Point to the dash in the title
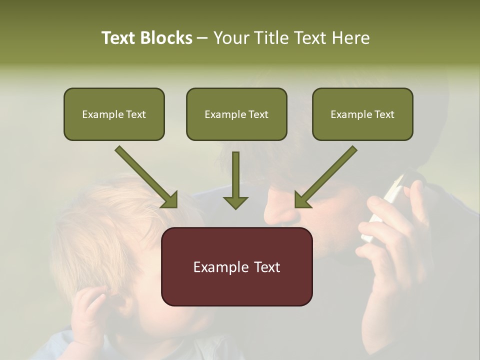click(202, 38)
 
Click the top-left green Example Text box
click(114, 114)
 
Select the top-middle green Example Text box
click(236, 114)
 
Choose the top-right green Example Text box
click(362, 114)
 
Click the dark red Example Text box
click(236, 266)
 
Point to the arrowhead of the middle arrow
click(235, 202)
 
